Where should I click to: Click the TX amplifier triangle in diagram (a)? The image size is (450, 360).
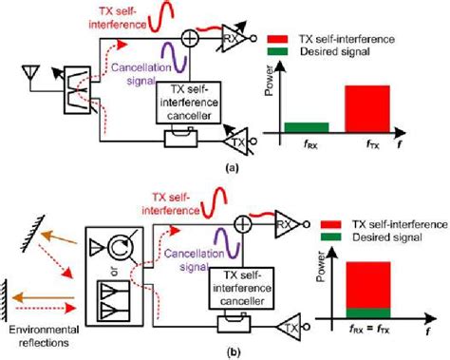[x=234, y=140]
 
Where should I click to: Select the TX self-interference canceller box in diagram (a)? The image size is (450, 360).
[x=182, y=103]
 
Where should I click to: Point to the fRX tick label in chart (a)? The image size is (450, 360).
[x=307, y=144]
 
